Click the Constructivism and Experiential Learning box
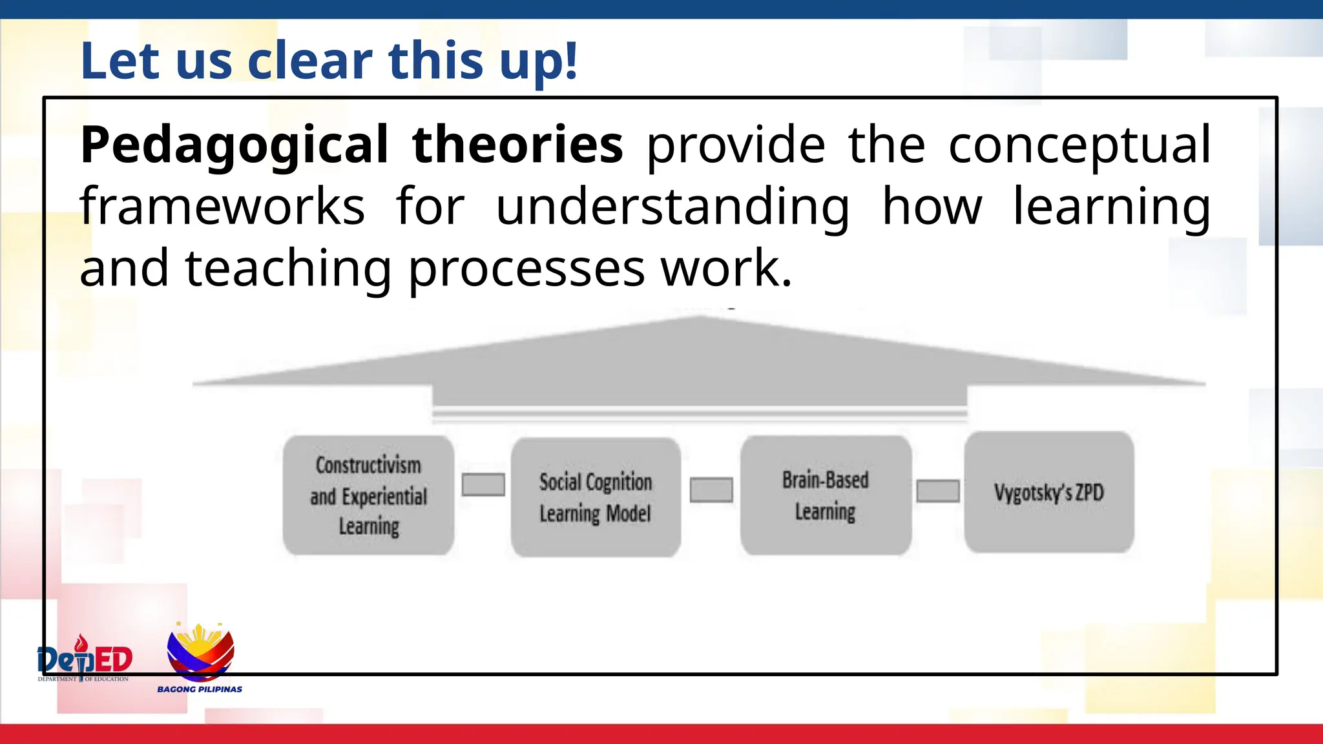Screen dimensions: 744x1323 368,495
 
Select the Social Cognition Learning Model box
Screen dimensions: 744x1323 596,497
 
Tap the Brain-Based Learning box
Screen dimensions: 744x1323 826,495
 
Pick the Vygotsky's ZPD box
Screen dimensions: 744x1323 1049,492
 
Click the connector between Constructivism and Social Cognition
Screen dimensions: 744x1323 483,484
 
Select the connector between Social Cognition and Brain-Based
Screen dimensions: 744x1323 711,490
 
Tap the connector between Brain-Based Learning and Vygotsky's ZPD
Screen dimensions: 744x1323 938,491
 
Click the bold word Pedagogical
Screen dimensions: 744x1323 234,146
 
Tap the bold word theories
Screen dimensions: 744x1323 517,145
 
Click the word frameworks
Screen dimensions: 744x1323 222,207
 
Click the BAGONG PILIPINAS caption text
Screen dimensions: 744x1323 200,690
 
